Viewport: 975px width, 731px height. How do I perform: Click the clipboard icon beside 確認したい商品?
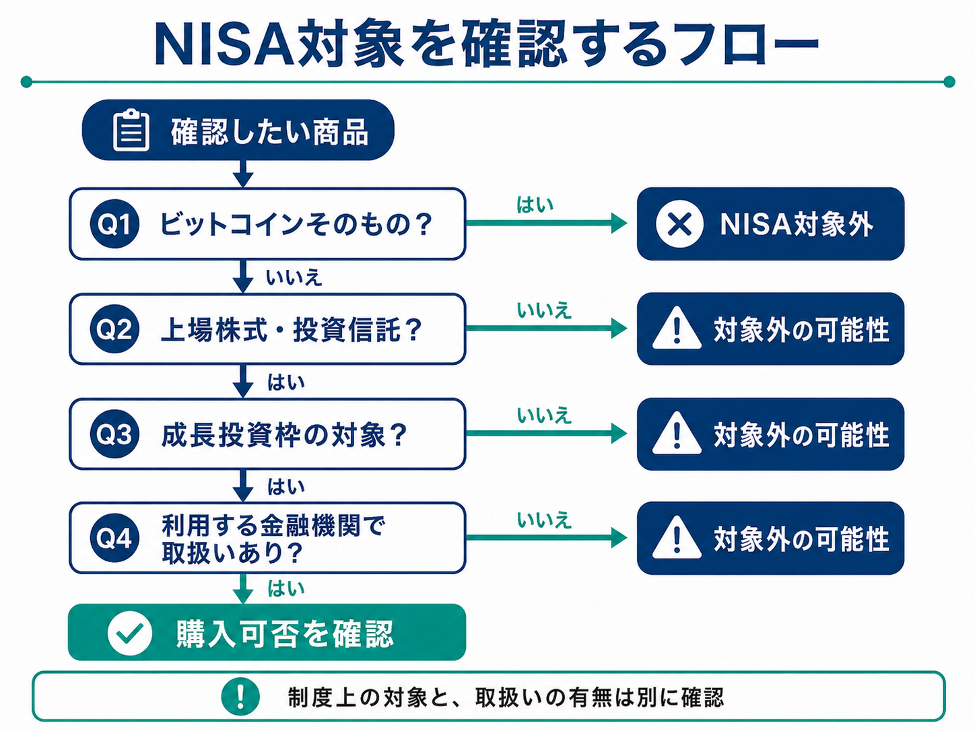click(131, 130)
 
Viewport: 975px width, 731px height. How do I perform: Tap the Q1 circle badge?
click(114, 223)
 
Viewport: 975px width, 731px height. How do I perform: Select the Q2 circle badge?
click(114, 329)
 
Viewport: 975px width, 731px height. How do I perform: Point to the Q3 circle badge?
click(114, 433)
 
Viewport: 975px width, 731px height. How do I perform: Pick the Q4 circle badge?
click(114, 538)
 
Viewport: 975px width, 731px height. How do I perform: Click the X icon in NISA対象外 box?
click(679, 223)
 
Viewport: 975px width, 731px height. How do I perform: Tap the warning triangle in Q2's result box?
click(677, 328)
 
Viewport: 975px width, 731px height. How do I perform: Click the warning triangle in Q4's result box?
click(677, 537)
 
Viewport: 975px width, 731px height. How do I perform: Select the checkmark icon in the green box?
click(130, 633)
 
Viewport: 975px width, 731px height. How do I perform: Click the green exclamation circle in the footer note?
click(240, 697)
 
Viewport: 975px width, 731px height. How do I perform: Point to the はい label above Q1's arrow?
click(535, 205)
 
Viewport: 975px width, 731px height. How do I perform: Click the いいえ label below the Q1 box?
click(294, 278)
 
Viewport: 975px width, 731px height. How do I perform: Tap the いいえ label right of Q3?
click(543, 415)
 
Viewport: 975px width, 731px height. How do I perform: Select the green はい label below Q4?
click(286, 588)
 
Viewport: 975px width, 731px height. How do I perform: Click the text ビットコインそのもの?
click(296, 223)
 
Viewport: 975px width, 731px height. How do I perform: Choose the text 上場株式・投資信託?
click(291, 330)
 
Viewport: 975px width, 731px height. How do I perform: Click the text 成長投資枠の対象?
click(284, 435)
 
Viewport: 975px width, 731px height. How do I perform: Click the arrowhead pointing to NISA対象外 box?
click(619, 223)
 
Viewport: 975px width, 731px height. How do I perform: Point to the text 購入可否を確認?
click(285, 633)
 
